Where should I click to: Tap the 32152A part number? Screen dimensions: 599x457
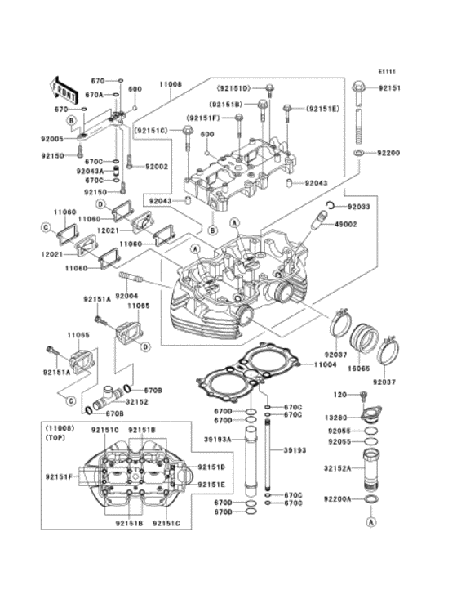[338, 469]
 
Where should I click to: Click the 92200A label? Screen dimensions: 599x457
[338, 498]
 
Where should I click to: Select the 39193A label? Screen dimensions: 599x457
[220, 440]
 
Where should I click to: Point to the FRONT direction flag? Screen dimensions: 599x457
[64, 83]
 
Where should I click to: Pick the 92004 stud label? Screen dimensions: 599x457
[126, 295]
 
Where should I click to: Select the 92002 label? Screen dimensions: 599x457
[157, 167]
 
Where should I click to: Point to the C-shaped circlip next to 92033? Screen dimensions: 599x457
[331, 206]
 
